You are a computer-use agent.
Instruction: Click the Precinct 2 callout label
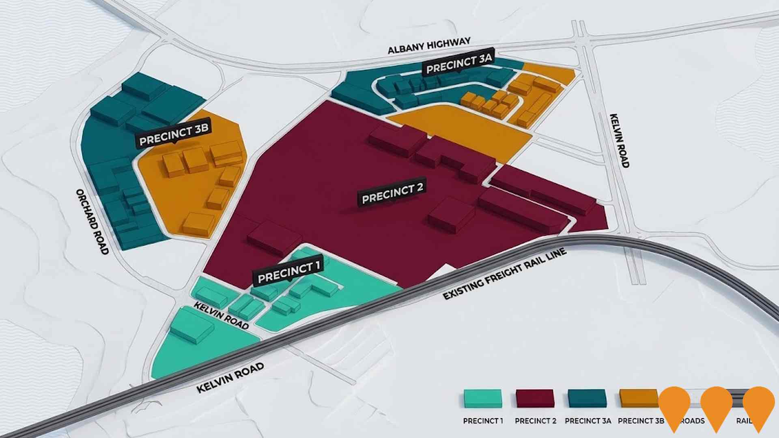392,193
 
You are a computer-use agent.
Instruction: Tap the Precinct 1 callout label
288,272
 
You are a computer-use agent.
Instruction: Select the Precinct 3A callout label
459,64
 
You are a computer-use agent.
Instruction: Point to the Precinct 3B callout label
174,135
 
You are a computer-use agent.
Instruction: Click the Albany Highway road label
429,45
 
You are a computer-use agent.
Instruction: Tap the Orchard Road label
93,222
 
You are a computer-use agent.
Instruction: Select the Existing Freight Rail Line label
504,275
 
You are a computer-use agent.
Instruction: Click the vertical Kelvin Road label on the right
620,140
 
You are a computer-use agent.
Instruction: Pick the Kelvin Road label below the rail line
230,378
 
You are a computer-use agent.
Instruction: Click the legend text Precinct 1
483,421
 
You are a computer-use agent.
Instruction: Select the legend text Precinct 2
535,421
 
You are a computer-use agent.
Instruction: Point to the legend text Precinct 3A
587,421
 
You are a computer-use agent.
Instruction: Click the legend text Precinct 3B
640,421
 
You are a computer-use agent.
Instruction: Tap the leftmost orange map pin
674,406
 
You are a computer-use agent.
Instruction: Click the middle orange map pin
716,406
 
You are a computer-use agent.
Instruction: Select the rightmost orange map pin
758,406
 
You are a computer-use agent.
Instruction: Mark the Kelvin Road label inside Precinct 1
221,316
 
